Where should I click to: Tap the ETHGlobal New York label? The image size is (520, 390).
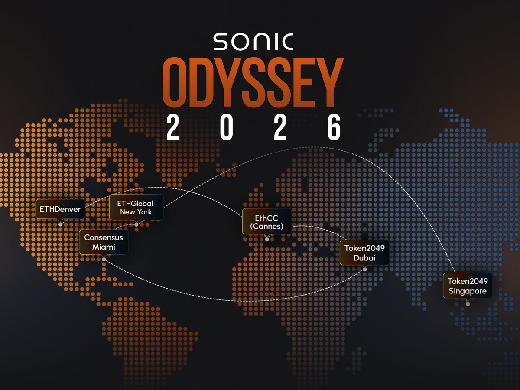pyautogui.click(x=136, y=207)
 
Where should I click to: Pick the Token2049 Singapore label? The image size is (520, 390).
pyautogui.click(x=467, y=286)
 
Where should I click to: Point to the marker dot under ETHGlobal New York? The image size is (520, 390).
pyautogui.click(x=136, y=224)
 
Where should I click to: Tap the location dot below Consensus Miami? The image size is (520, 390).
pyautogui.click(x=104, y=259)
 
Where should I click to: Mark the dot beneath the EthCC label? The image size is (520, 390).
pyautogui.click(x=266, y=239)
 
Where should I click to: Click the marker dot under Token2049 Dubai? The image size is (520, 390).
pyautogui.click(x=364, y=270)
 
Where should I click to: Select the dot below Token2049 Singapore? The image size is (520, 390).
pyautogui.click(x=467, y=304)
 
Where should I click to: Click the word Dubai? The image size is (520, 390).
pyautogui.click(x=364, y=258)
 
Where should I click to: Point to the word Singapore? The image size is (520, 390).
pyautogui.click(x=467, y=291)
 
